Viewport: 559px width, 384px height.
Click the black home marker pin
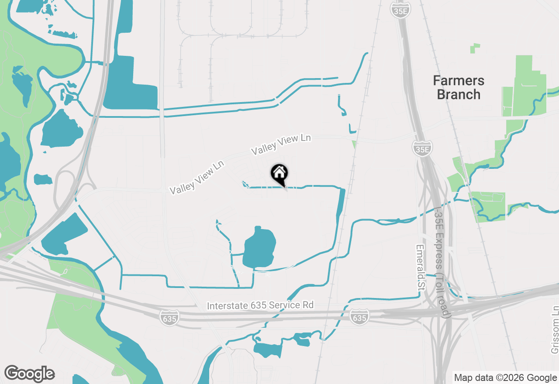(x=279, y=174)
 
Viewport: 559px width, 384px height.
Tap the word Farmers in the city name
(x=459, y=81)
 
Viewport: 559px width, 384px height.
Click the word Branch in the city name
(x=459, y=94)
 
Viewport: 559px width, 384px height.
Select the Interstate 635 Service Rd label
(x=260, y=305)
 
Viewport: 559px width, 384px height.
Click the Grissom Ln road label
(x=555, y=329)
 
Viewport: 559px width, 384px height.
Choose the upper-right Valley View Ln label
(x=281, y=144)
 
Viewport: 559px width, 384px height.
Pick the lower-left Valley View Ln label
(x=197, y=178)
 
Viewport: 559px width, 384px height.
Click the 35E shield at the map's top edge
(x=400, y=10)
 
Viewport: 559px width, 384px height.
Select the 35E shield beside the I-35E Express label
(x=422, y=148)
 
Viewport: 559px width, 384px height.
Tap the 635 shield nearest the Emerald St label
(x=359, y=316)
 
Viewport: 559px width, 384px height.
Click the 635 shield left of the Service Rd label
(x=169, y=317)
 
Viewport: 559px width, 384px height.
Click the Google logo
(x=29, y=374)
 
